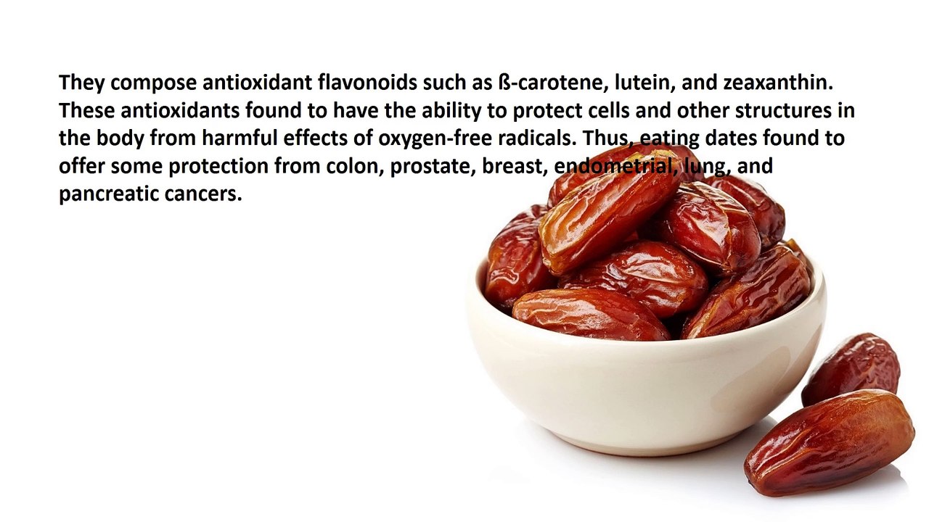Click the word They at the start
pyautogui.click(x=82, y=83)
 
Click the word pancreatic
pyautogui.click(x=108, y=194)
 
